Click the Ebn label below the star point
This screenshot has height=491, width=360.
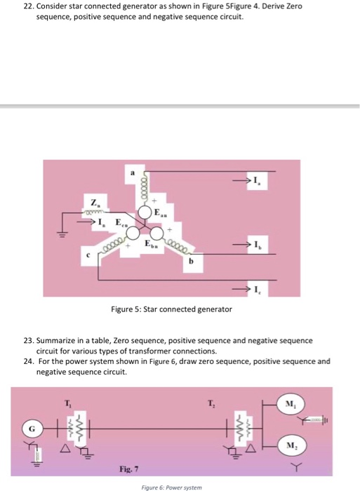click(x=150, y=243)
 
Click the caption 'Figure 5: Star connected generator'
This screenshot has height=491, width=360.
click(x=171, y=309)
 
